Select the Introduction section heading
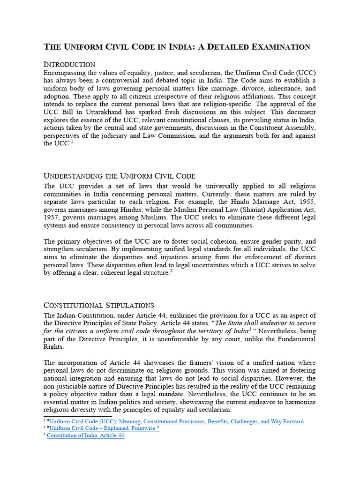pyautogui.click(x=69, y=64)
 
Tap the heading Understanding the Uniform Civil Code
pyautogui.click(x=119, y=176)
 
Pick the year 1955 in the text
pyautogui.click(x=306, y=202)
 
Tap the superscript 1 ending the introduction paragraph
pyautogui.click(x=72, y=142)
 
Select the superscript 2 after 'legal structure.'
pyautogui.click(x=172, y=271)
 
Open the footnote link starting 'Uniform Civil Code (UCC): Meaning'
pyautogui.click(x=176, y=421)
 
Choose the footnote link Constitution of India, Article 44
pyautogui.click(x=85, y=435)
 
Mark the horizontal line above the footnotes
pyautogui.click(x=77, y=416)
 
